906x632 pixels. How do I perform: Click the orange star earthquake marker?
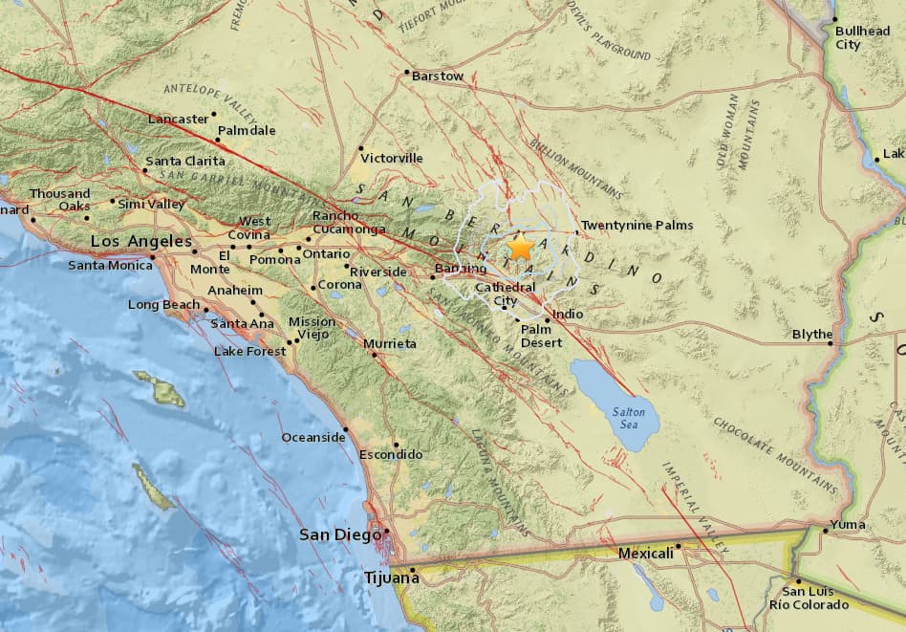pos(520,248)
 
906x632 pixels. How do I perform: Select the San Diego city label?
pos(339,534)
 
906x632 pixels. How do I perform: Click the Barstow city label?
pos(438,76)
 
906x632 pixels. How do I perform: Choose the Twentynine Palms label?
pos(637,226)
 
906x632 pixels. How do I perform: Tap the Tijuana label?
pos(391,578)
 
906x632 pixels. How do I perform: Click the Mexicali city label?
pos(645,554)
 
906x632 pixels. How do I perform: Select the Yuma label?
pos(849,524)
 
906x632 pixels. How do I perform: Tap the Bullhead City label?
pos(861,37)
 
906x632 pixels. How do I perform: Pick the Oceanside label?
pos(313,437)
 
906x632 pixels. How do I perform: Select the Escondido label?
pos(391,454)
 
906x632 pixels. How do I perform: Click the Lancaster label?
pos(179,119)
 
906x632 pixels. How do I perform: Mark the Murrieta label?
pos(390,342)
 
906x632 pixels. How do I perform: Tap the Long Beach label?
pos(163,304)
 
